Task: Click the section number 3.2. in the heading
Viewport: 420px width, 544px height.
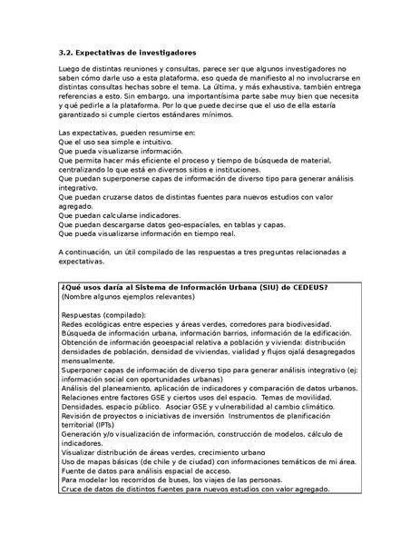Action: [x=67, y=53]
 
